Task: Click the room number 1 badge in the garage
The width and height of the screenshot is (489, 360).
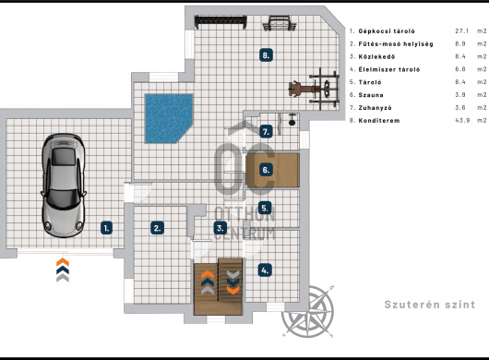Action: coord(106,228)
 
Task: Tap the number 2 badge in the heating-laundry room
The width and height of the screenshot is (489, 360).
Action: coord(157,228)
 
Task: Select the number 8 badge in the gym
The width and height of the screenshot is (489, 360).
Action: coord(266,55)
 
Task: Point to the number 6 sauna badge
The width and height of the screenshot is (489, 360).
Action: coord(266,170)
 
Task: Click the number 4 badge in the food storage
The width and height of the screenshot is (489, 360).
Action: coord(265,270)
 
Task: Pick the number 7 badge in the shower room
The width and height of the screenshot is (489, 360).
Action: coord(266,131)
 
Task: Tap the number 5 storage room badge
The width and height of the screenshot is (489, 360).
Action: coord(265,208)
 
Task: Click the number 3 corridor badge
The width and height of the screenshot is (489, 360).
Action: coord(221,228)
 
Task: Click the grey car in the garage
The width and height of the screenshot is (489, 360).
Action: coord(64,186)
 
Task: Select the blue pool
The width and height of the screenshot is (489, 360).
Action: coord(169,118)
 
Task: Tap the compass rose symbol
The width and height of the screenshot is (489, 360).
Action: coord(308,311)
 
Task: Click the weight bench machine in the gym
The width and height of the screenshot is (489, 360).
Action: coord(314,89)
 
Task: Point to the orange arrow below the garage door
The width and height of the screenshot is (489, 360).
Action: coord(63,262)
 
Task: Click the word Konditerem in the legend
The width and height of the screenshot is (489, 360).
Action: coord(379,120)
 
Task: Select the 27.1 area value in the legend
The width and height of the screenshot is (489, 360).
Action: coord(461,30)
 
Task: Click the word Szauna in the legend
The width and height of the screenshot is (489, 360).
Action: coord(371,95)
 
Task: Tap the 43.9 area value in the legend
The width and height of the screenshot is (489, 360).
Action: coord(462,120)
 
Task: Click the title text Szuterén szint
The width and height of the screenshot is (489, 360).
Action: coord(430,305)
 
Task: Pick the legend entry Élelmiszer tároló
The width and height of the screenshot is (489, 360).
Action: coord(389,69)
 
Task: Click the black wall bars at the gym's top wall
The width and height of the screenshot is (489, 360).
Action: coord(221,22)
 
